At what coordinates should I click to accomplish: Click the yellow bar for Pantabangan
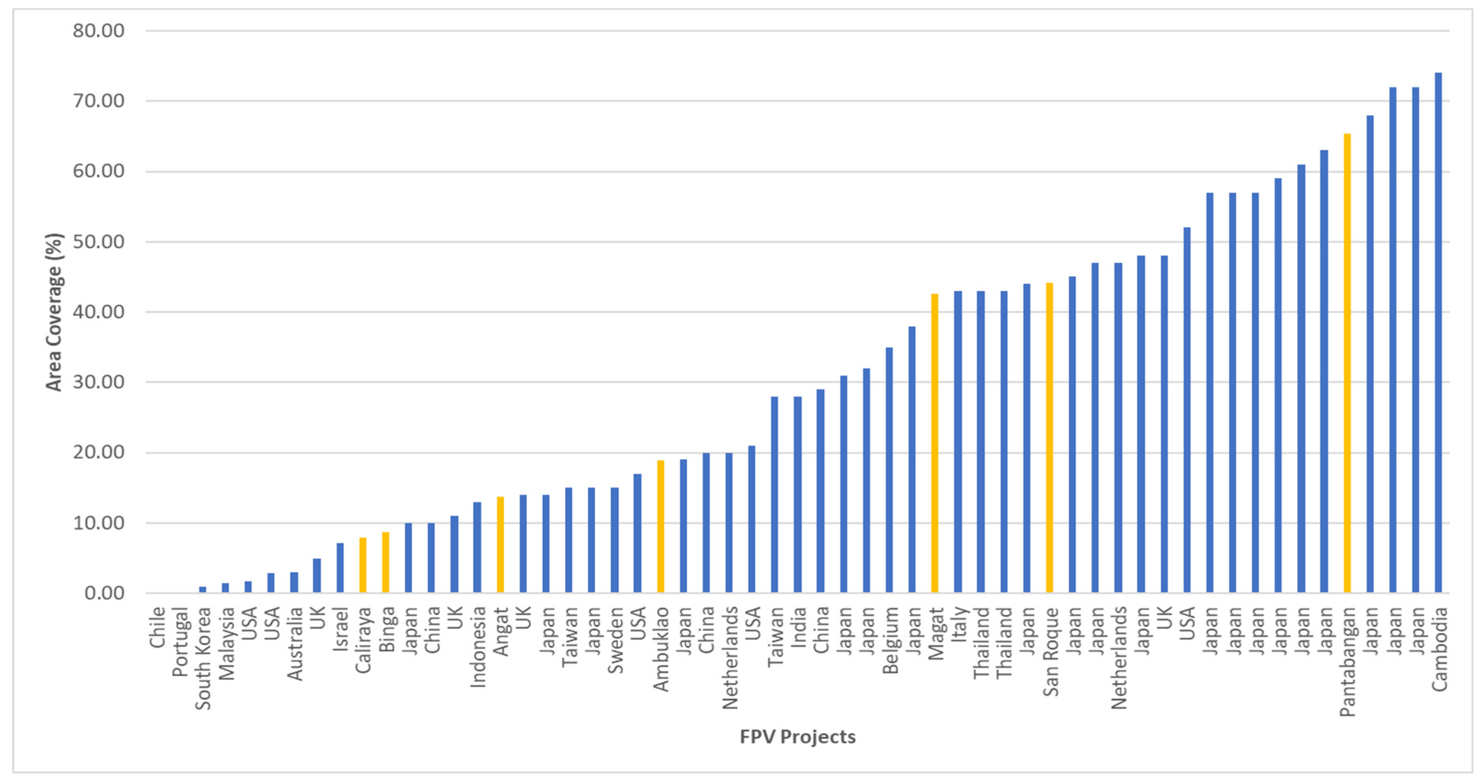[1347, 363]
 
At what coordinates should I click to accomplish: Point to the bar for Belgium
[889, 470]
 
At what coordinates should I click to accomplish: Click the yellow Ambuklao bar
[660, 527]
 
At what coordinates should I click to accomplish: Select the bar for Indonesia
[477, 548]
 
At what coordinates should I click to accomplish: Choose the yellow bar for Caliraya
[363, 565]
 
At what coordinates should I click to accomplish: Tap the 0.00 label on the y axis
[104, 593]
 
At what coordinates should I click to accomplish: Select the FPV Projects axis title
[797, 737]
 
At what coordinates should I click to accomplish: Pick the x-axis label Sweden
[615, 640]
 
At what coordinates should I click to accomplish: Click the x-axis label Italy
[958, 624]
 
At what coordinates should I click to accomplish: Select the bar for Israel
[340, 568]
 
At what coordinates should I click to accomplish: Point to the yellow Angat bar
[500, 545]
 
